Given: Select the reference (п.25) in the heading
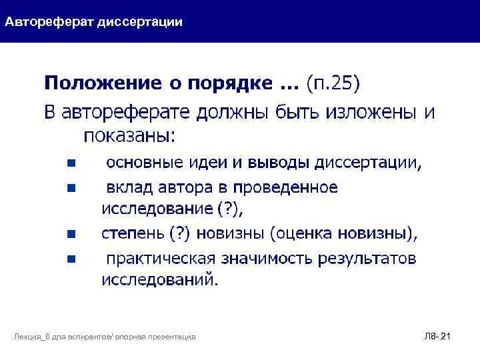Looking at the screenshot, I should pyautogui.click(x=333, y=83).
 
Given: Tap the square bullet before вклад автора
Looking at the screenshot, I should pyautogui.click(x=71, y=189).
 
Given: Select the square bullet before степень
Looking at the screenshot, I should pyautogui.click(x=71, y=234).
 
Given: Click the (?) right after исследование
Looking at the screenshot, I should pyautogui.click(x=231, y=209).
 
